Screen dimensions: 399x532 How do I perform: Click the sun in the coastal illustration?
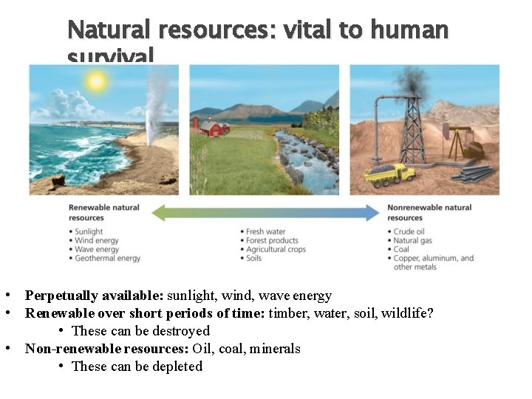[96, 82]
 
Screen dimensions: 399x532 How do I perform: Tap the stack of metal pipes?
[472, 174]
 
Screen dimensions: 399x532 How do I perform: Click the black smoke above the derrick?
[412, 81]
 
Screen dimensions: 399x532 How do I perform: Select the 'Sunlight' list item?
[89, 232]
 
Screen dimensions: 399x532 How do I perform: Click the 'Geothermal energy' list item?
[108, 259]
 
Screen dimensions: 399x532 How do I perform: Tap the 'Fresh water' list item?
[265, 232]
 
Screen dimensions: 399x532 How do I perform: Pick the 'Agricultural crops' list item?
[276, 250]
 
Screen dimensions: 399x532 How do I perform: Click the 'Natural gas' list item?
[413, 241]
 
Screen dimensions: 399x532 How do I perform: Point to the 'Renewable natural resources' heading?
[103, 213]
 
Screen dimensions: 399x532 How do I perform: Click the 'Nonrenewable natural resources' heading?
[429, 213]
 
